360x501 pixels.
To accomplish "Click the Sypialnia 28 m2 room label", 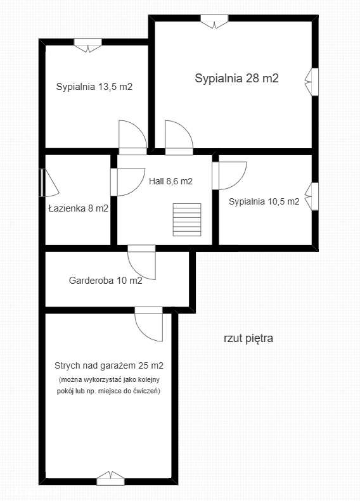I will (x=237, y=79).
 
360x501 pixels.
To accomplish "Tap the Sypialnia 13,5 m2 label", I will (x=94, y=87).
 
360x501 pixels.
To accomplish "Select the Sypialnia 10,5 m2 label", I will (x=264, y=202).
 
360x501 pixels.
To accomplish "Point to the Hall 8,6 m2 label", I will (x=170, y=181).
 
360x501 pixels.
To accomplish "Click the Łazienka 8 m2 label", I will (x=78, y=208).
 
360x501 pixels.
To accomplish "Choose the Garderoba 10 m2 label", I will (x=105, y=280).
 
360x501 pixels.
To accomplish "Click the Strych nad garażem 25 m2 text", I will (x=109, y=365).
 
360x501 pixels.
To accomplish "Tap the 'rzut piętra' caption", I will (x=248, y=338).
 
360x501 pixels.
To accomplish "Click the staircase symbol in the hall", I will (x=186, y=219).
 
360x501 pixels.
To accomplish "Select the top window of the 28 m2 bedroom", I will (x=215, y=20).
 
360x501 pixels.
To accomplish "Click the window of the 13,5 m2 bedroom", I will (x=88, y=44).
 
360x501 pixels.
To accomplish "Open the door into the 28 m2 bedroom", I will (x=179, y=138).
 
